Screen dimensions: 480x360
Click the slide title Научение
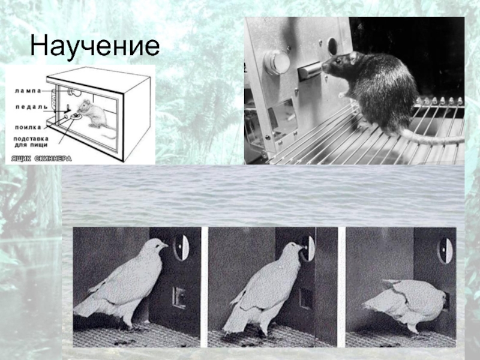click(x=95, y=46)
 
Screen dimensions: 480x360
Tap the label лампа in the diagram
click(x=28, y=91)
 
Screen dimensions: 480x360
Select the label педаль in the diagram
click(x=32, y=107)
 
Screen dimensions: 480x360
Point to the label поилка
click(x=28, y=127)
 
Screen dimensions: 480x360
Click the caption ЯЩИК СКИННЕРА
click(x=41, y=158)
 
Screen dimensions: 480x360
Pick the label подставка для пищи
click(x=31, y=142)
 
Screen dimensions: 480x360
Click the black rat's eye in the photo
click(x=338, y=61)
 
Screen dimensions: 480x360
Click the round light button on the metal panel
click(x=277, y=62)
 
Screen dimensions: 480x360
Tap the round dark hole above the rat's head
click(x=332, y=46)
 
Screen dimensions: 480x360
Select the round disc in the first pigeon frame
click(x=181, y=247)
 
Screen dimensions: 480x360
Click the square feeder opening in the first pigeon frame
click(x=179, y=297)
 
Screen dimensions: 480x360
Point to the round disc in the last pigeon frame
click(x=445, y=250)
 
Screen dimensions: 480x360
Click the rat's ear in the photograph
click(x=353, y=56)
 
